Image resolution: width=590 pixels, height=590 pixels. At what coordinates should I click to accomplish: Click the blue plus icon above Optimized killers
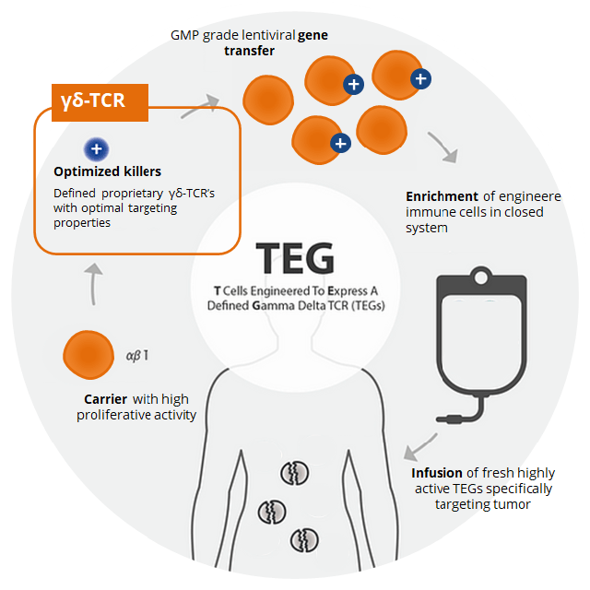pos(95,148)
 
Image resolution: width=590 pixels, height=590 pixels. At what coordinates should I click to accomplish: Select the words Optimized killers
pos(107,171)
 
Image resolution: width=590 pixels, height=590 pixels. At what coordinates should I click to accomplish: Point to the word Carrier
pos(104,399)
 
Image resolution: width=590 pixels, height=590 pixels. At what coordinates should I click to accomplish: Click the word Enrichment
pos(442,196)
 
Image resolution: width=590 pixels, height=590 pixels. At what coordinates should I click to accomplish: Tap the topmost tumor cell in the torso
pos(294,474)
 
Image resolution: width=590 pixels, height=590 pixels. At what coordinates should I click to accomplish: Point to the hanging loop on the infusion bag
pos(478,276)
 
